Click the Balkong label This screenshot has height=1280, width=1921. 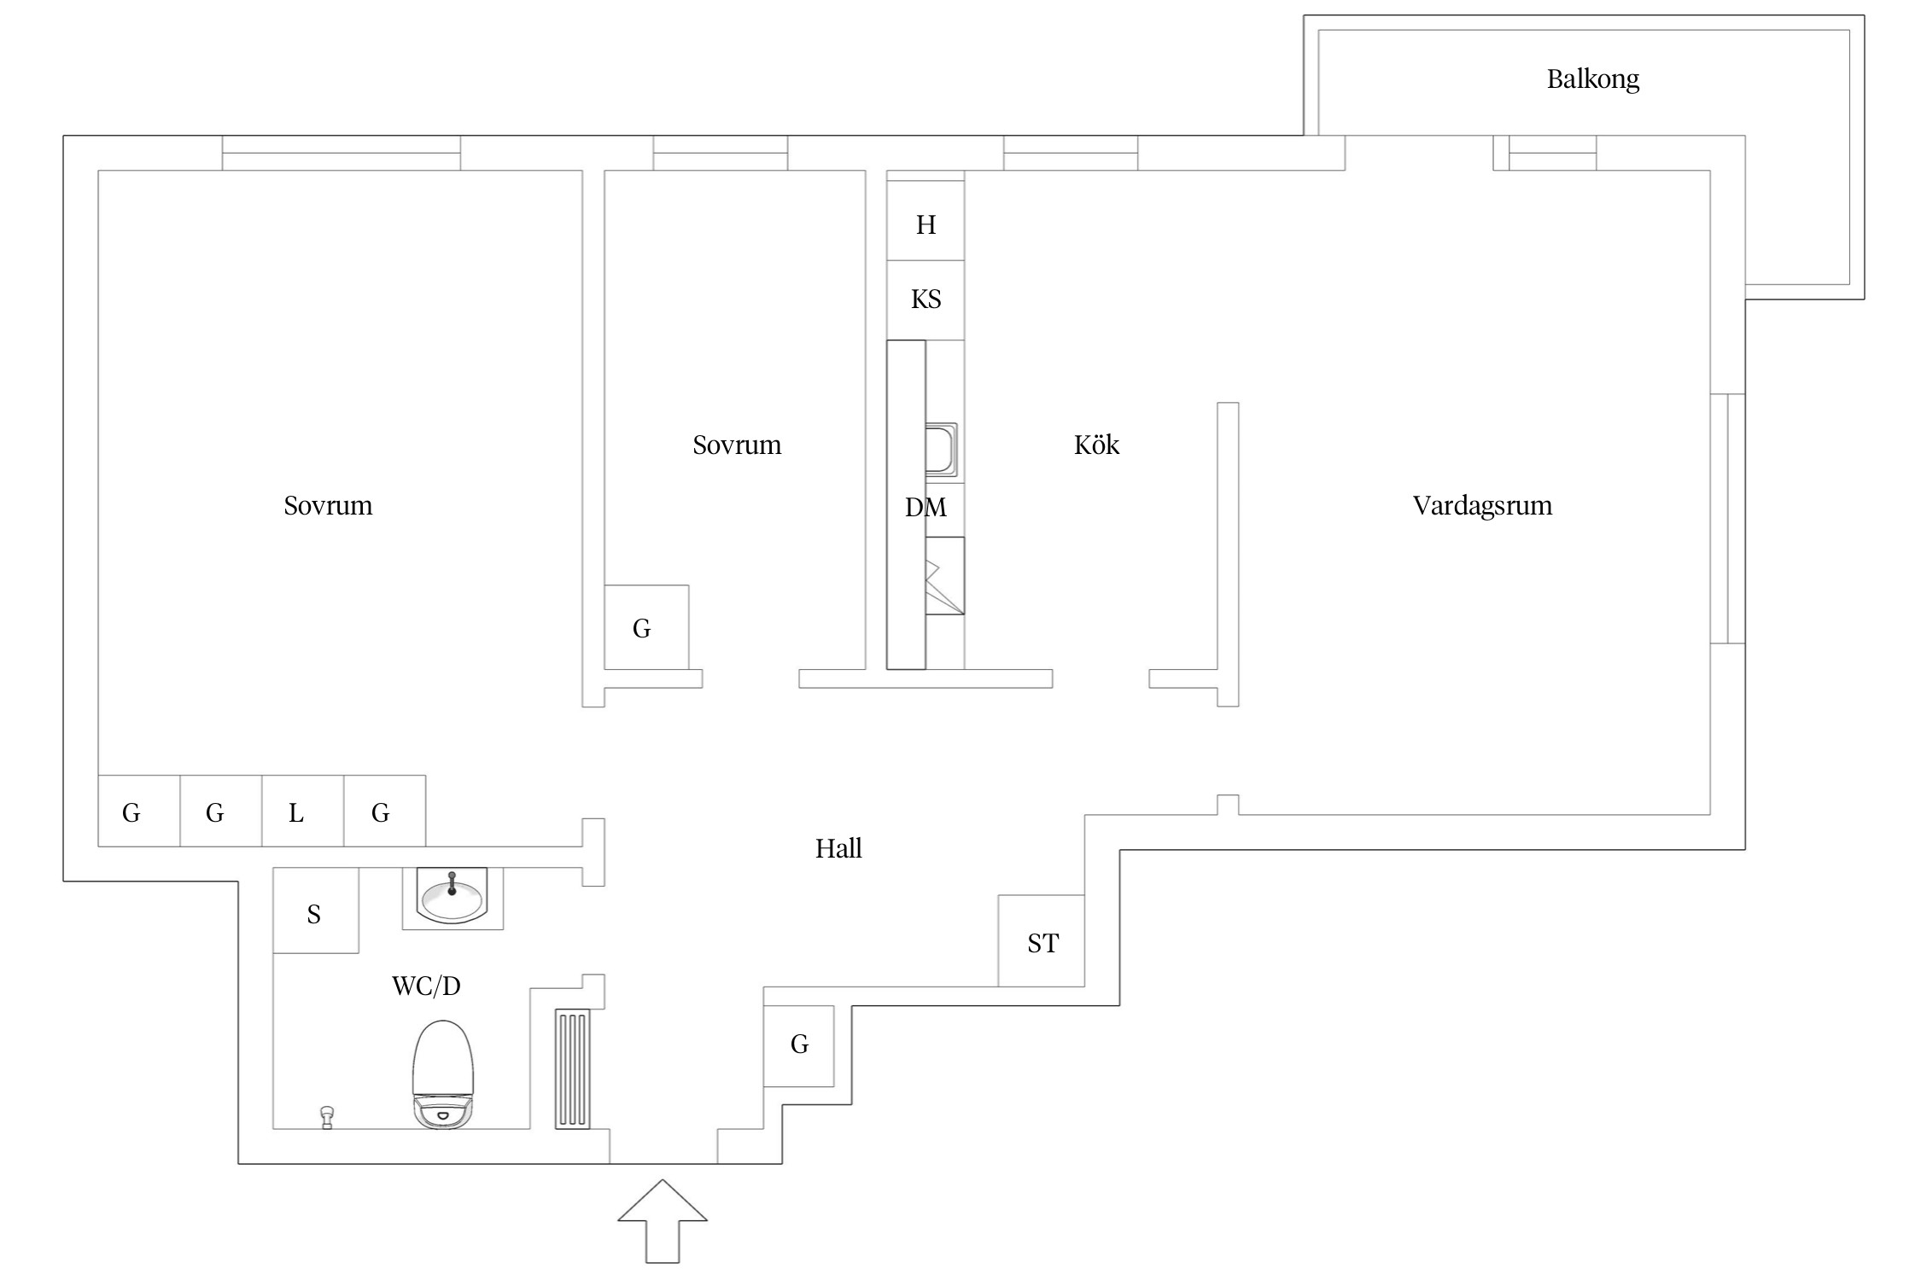pyautogui.click(x=1592, y=79)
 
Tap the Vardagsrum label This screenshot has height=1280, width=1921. pyautogui.click(x=1482, y=505)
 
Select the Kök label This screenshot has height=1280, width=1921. pyautogui.click(x=1096, y=445)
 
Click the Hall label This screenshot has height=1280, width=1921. pyautogui.click(x=838, y=848)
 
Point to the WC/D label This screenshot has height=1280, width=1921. pyautogui.click(x=426, y=986)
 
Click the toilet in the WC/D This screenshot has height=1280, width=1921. pyautogui.click(x=442, y=1075)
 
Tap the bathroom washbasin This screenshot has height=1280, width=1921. pyautogui.click(x=452, y=897)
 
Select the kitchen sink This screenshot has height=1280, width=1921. pyautogui.click(x=941, y=449)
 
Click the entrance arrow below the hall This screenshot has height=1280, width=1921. pyautogui.click(x=663, y=1220)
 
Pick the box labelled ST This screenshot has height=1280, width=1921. pyautogui.click(x=1042, y=941)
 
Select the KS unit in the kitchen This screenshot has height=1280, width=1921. pyautogui.click(x=925, y=300)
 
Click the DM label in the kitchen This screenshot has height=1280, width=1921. pyautogui.click(x=925, y=508)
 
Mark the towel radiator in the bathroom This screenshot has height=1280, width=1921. pyautogui.click(x=572, y=1068)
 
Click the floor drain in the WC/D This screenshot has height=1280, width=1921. pyautogui.click(x=327, y=1117)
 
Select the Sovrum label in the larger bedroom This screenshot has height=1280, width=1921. pyautogui.click(x=328, y=505)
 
